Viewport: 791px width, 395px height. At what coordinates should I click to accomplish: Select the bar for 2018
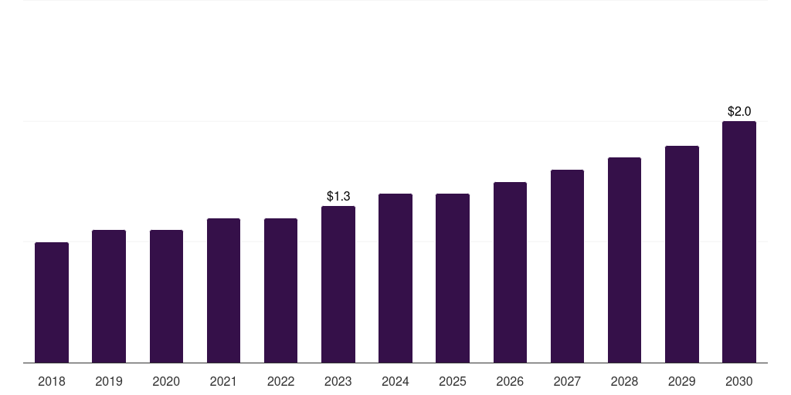(52, 302)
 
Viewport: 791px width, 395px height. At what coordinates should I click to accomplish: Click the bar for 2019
(109, 296)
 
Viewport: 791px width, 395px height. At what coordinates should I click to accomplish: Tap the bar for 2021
(223, 290)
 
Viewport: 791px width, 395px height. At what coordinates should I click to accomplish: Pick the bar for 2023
(338, 284)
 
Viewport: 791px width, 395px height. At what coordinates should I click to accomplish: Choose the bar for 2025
(453, 278)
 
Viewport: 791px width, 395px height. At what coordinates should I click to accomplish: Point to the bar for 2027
(567, 266)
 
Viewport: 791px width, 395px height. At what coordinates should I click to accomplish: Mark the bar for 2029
(682, 254)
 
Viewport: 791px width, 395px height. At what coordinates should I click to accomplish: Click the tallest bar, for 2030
(739, 241)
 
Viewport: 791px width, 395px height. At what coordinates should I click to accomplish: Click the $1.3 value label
(338, 197)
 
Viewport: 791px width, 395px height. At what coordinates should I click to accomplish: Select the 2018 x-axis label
(52, 381)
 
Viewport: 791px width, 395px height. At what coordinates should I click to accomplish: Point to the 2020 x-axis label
(166, 381)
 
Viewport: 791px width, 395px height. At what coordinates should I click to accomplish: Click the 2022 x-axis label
(281, 381)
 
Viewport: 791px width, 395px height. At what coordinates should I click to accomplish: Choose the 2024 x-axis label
(395, 381)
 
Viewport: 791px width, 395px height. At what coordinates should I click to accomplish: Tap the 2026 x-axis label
(510, 381)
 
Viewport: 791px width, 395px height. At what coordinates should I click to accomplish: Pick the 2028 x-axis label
(624, 381)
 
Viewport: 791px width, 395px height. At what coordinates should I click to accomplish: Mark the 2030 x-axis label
(739, 381)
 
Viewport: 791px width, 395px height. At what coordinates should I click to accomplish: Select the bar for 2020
(166, 296)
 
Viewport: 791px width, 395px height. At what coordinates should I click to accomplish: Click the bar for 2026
(510, 272)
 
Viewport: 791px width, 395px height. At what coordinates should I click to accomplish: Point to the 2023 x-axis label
(338, 381)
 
